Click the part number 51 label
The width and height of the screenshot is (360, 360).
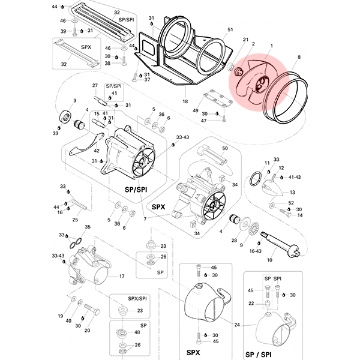pos(230,29)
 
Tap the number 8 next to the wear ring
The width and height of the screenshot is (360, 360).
pos(299,57)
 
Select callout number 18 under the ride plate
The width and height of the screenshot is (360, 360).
pos(185,101)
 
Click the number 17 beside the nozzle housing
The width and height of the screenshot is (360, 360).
pos(122,276)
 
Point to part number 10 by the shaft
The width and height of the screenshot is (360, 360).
pos(269,260)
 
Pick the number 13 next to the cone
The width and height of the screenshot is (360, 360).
pos(292,192)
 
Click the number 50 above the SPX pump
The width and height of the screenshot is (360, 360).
pos(225,148)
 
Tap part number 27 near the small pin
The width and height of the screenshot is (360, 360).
pos(95,85)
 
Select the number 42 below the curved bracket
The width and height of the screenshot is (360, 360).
pos(97,151)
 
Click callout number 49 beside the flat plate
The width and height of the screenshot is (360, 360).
pos(195,110)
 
